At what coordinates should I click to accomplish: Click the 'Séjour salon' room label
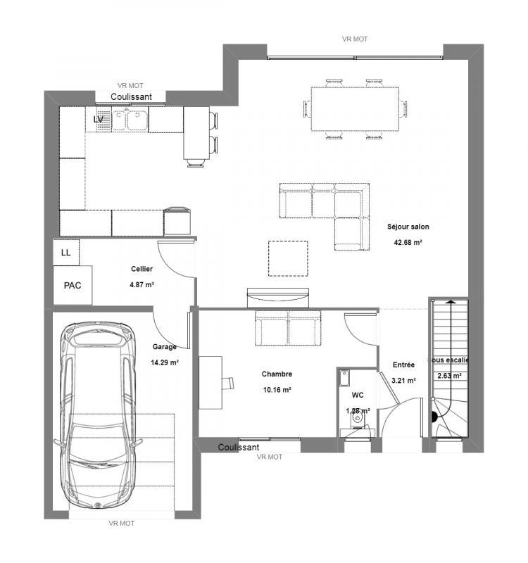pyautogui.click(x=408, y=227)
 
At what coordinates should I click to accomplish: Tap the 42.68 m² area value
pyautogui.click(x=408, y=243)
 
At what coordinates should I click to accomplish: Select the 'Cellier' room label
pyautogui.click(x=142, y=269)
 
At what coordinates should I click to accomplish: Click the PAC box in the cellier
pyautogui.click(x=73, y=286)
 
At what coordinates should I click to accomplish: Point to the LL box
pyautogui.click(x=66, y=252)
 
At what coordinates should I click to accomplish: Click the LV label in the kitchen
pyautogui.click(x=99, y=120)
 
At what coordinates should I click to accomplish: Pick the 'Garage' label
pyautogui.click(x=164, y=347)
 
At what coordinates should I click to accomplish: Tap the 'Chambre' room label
pyautogui.click(x=277, y=374)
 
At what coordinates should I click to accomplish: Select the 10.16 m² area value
pyautogui.click(x=277, y=389)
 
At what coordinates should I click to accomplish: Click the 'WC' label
pyautogui.click(x=358, y=396)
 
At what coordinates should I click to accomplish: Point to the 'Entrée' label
pyautogui.click(x=403, y=365)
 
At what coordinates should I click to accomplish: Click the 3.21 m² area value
pyautogui.click(x=403, y=381)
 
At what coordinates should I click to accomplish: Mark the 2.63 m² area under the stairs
pyautogui.click(x=448, y=376)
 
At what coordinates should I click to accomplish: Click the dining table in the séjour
pyautogui.click(x=355, y=109)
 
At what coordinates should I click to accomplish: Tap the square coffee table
pyautogui.click(x=288, y=258)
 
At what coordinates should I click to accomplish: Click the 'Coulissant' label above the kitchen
pyautogui.click(x=131, y=96)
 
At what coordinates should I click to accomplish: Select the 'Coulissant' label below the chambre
pyautogui.click(x=239, y=448)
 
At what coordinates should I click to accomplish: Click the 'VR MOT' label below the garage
pyautogui.click(x=121, y=524)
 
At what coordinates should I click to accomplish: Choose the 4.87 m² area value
pyautogui.click(x=142, y=285)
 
